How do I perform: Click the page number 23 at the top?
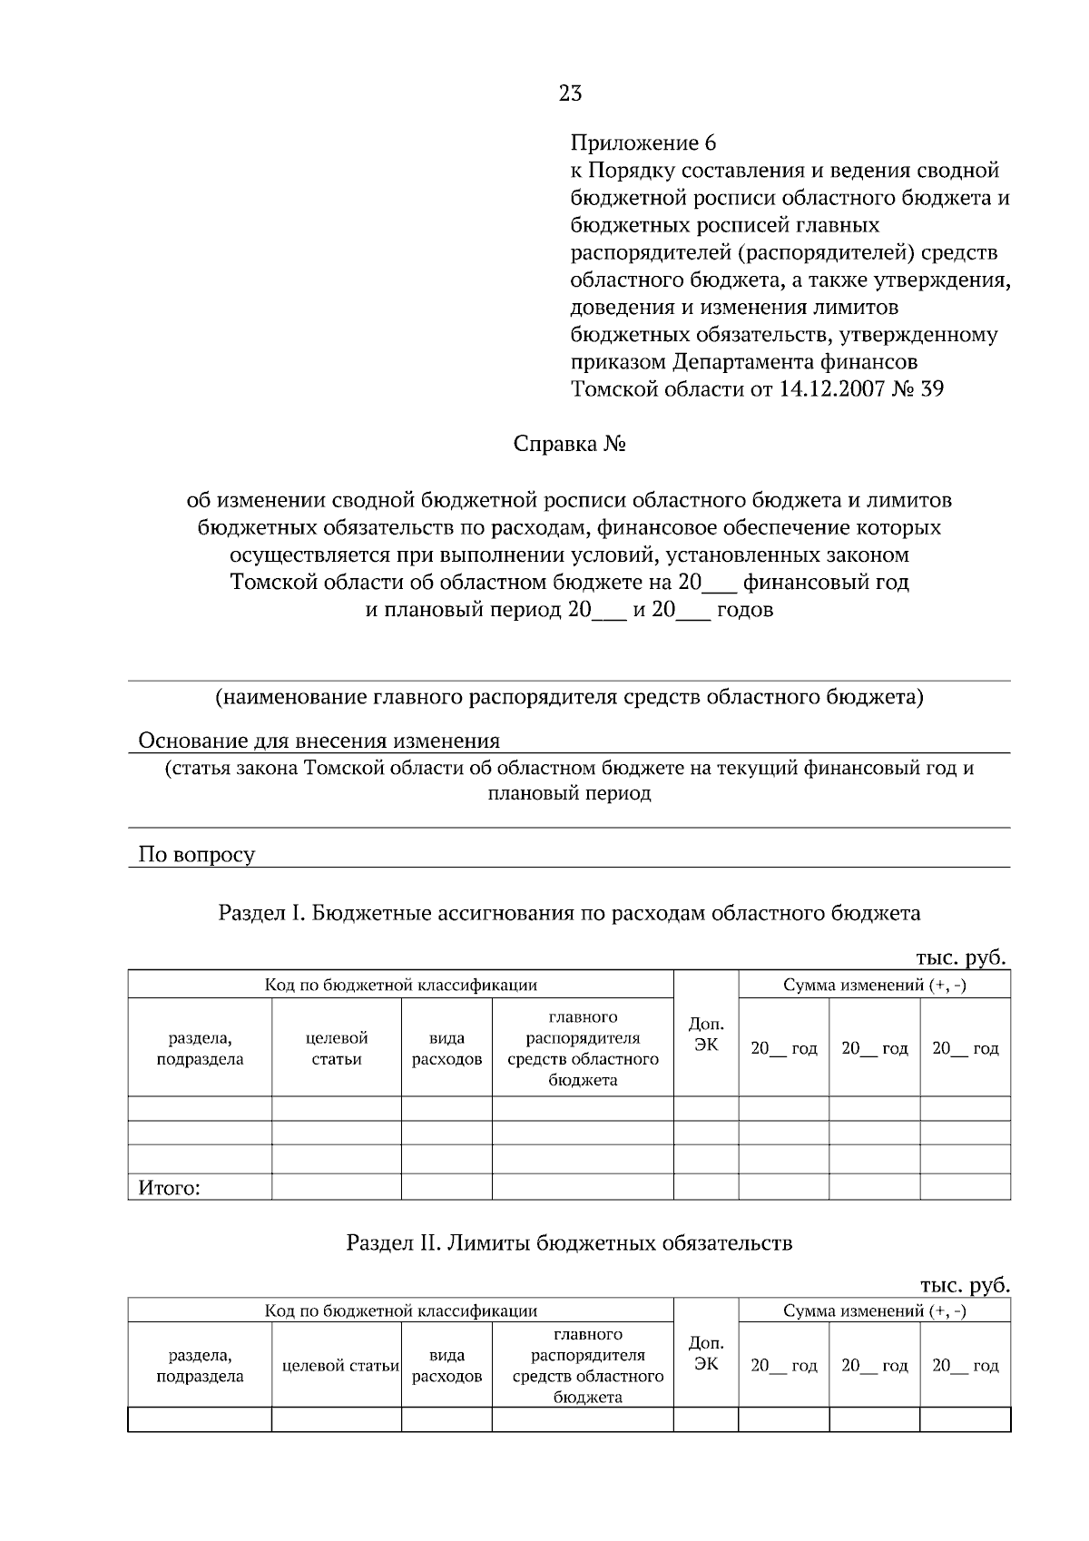[x=570, y=93]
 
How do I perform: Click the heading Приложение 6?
[x=643, y=142]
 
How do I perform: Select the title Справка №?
[x=570, y=445]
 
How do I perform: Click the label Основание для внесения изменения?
[x=319, y=741]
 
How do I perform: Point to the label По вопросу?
[x=196, y=854]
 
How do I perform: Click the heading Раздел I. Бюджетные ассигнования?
[x=569, y=913]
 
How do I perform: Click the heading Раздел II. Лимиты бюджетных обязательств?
[x=569, y=1242]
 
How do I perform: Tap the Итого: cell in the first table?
[x=169, y=1188]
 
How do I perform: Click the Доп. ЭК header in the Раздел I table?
[x=705, y=1034]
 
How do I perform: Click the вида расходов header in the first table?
[x=446, y=1048]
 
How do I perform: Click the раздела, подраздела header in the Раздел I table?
[x=200, y=1048]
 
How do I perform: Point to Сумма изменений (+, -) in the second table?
[x=874, y=1310]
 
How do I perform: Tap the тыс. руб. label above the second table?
[x=963, y=1285]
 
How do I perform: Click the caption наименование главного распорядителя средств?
[x=569, y=698]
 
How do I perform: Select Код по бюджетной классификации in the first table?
[x=400, y=985]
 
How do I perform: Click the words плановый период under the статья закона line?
[x=569, y=793]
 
